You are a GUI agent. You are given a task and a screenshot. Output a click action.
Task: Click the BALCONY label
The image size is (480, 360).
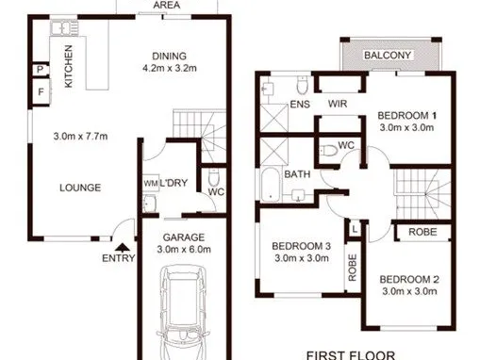click(388, 56)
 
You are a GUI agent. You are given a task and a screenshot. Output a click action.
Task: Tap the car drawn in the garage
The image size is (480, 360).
click(183, 313)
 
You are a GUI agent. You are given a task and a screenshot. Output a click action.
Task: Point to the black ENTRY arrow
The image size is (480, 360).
click(123, 248)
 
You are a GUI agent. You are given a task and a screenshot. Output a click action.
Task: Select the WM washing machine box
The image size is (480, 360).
click(151, 183)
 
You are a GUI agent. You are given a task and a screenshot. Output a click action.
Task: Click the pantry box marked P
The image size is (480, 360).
click(41, 69)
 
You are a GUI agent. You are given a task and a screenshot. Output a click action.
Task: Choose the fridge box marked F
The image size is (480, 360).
click(41, 92)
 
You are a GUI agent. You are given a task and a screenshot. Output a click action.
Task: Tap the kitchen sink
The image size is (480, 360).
click(64, 28)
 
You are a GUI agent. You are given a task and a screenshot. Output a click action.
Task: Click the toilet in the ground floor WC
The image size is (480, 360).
click(213, 178)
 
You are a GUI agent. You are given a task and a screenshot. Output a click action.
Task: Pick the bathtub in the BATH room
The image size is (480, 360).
click(271, 185)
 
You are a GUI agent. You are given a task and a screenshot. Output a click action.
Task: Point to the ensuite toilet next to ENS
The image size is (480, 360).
click(303, 85)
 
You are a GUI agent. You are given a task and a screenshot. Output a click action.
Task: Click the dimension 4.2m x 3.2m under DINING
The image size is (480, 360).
click(170, 68)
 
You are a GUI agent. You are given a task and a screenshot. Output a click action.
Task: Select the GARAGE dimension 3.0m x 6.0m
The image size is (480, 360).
click(184, 250)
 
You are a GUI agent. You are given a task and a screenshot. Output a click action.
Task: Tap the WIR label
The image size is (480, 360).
click(338, 104)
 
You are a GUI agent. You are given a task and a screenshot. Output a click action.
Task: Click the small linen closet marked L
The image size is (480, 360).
click(355, 230)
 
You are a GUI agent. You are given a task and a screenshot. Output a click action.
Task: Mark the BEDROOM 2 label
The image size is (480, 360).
click(409, 279)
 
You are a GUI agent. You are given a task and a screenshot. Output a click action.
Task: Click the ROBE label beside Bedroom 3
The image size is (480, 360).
click(352, 268)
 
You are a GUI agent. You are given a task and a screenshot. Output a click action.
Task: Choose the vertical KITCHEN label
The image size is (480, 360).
click(68, 66)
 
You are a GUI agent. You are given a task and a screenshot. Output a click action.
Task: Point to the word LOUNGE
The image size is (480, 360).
click(80, 188)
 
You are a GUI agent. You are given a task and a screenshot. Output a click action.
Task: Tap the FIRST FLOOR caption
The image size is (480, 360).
click(351, 355)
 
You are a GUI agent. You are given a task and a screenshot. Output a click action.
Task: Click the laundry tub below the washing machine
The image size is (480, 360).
click(150, 204)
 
